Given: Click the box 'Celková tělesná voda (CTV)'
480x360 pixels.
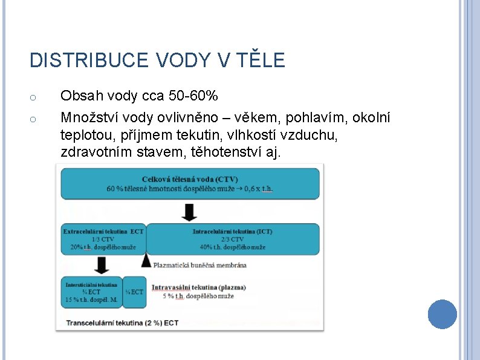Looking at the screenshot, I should [190, 183].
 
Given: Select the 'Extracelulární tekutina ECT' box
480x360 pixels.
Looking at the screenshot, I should [103, 238].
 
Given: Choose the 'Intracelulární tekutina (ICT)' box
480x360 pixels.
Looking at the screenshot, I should [233, 238].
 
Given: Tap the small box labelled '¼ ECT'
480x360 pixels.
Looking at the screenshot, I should [134, 292].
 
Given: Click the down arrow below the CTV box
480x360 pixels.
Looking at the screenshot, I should [190, 212].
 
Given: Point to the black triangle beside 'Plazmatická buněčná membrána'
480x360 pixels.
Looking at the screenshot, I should [146, 260].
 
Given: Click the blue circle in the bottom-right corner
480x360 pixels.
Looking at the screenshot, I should [442, 314].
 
